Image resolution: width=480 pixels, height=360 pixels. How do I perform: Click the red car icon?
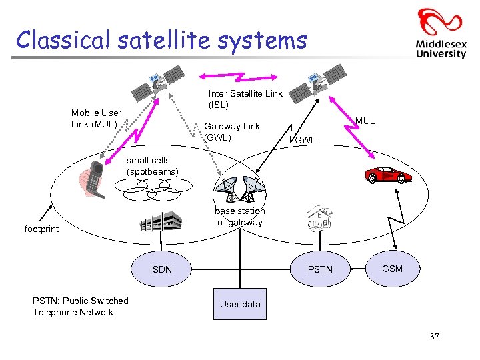click(388, 175)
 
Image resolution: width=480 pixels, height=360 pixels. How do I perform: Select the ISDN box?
click(161, 269)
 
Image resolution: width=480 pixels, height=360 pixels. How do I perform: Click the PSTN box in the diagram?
click(320, 269)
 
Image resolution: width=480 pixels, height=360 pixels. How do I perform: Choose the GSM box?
click(392, 269)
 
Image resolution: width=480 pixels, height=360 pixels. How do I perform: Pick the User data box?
click(240, 304)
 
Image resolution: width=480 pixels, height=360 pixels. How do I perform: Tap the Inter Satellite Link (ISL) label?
click(245, 99)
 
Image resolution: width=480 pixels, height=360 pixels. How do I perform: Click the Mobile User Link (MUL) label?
click(96, 118)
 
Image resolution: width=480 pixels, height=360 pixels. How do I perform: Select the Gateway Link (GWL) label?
click(231, 131)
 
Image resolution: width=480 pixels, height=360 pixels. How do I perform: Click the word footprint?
click(41, 229)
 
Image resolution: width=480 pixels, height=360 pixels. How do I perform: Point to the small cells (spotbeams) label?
click(153, 165)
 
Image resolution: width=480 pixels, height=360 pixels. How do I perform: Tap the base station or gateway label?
click(240, 217)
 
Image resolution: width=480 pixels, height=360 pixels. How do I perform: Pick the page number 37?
click(435, 337)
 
